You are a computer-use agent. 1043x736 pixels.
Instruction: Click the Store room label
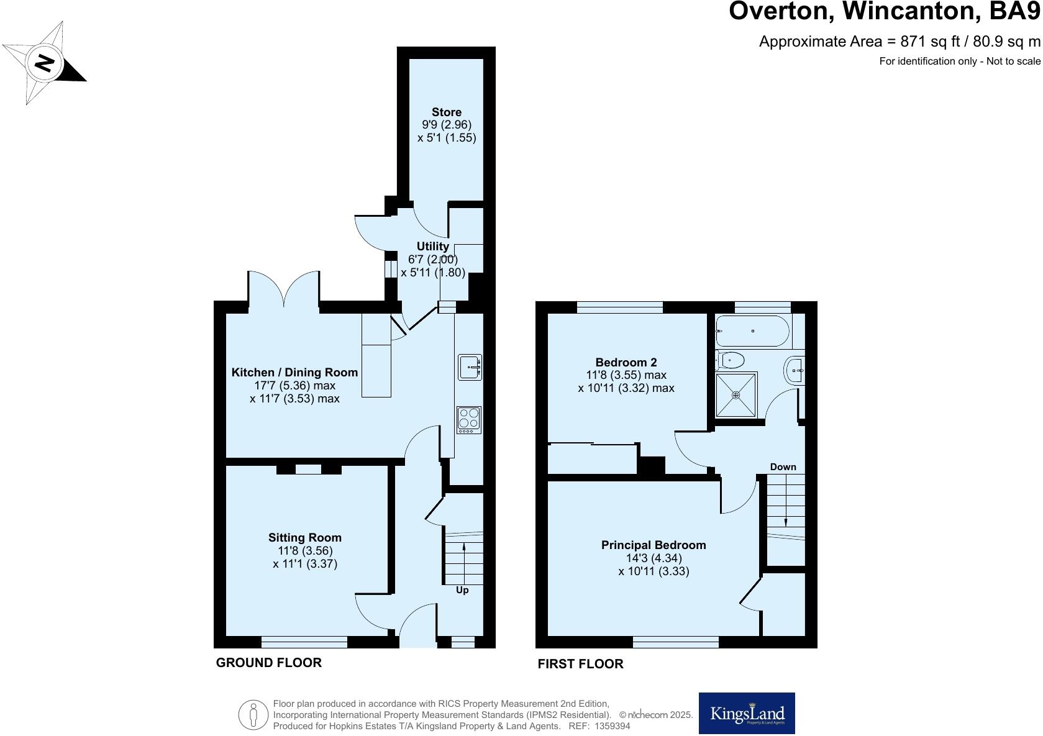[x=446, y=112]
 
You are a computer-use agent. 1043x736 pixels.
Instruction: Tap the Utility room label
[x=432, y=247]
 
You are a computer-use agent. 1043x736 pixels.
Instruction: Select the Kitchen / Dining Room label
[x=294, y=373]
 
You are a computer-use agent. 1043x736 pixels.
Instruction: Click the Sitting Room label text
[x=304, y=538]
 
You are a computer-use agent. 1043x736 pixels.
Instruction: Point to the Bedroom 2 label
[x=626, y=362]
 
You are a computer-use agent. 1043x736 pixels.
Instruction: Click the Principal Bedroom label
[x=653, y=545]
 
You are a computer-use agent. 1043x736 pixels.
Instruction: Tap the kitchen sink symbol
[x=470, y=367]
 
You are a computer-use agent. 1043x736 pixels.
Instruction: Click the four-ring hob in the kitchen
[x=469, y=419]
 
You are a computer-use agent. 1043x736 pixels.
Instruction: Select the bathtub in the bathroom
[x=752, y=331]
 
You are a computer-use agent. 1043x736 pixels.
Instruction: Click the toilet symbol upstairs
[x=730, y=360]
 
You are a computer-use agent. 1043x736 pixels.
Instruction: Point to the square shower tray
[x=736, y=394]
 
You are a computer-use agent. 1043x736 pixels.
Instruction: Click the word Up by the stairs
[x=462, y=590]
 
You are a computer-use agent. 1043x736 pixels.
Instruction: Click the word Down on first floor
[x=783, y=467]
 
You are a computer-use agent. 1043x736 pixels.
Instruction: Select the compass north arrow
[x=44, y=63]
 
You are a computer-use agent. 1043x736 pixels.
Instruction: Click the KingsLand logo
[x=747, y=714]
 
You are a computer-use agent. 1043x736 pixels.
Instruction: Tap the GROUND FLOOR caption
[x=268, y=663]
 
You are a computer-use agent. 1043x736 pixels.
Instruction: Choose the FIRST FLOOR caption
[x=580, y=664]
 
